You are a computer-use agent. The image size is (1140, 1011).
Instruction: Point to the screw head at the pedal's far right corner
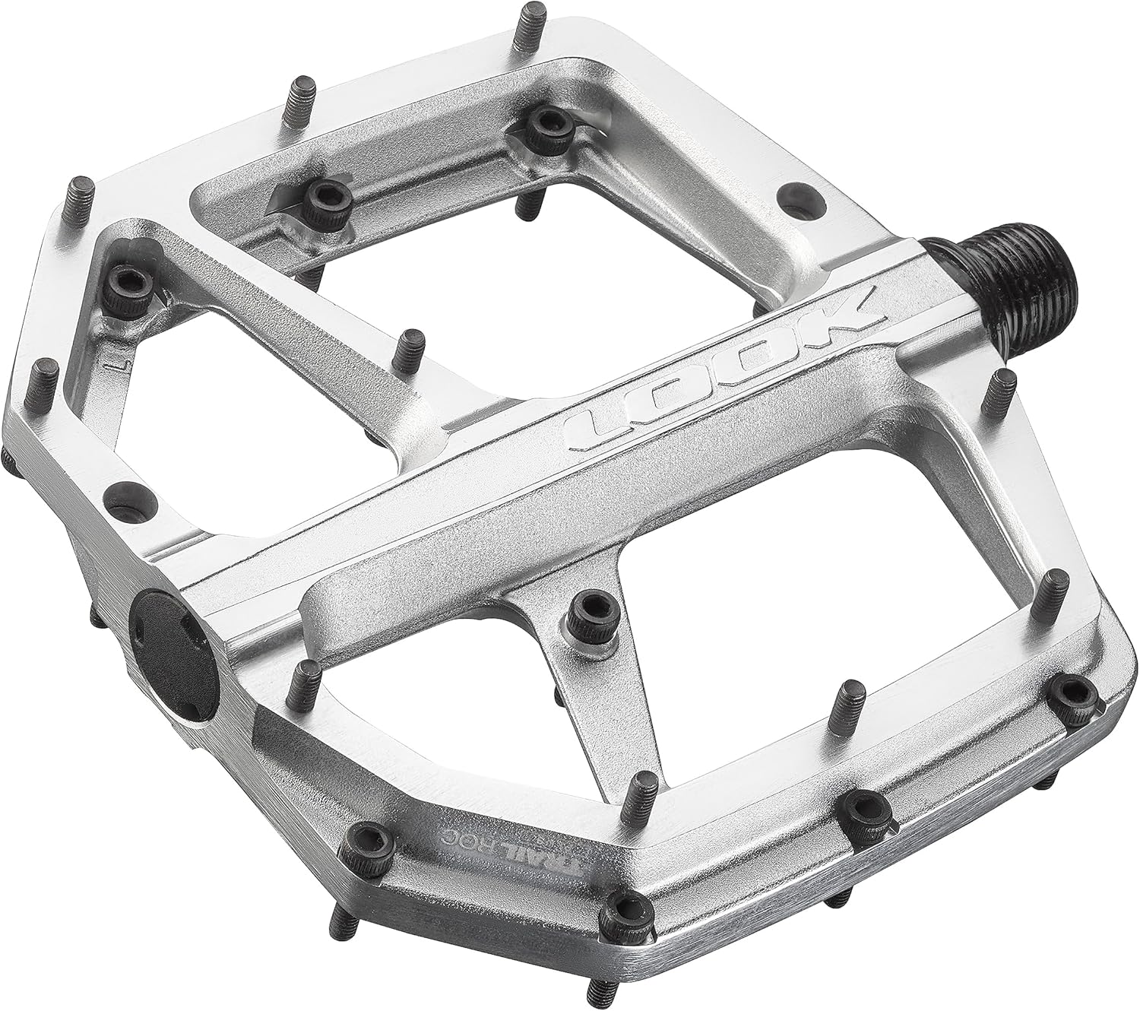point(1074,692)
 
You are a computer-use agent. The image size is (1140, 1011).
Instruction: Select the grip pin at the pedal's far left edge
point(47,380)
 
